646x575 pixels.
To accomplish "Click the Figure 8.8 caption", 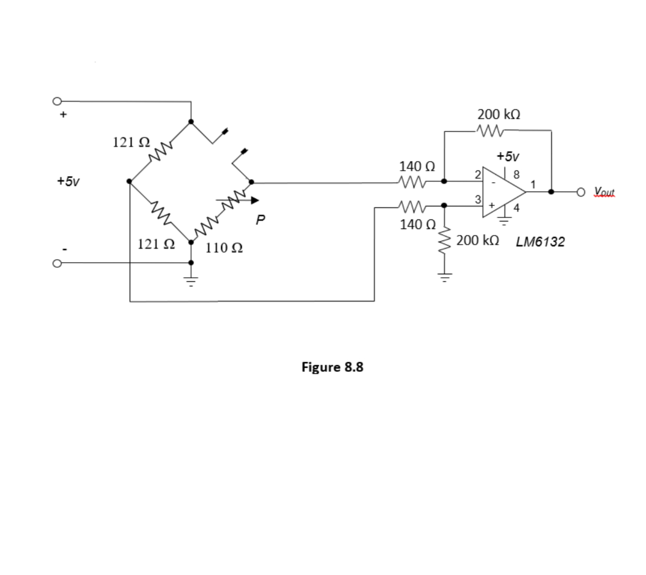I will (332, 367).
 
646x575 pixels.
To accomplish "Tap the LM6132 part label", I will (540, 242).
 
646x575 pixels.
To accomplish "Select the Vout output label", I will (604, 192).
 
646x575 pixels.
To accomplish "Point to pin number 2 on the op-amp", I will (477, 175).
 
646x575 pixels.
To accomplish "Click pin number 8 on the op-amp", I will (516, 175).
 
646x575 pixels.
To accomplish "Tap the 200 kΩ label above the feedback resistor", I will (499, 114).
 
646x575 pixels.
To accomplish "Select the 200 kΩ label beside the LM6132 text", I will (478, 240).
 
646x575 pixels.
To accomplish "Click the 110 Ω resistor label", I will (224, 248).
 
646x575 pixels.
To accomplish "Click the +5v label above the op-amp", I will (508, 156).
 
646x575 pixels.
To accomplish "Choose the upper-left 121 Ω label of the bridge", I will (131, 142).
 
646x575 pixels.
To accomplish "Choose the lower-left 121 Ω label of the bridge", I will (156, 244).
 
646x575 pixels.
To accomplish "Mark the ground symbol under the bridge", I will (191, 280).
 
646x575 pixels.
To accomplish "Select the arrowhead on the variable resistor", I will (255, 201).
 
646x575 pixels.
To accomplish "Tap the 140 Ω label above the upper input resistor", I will (417, 166).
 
